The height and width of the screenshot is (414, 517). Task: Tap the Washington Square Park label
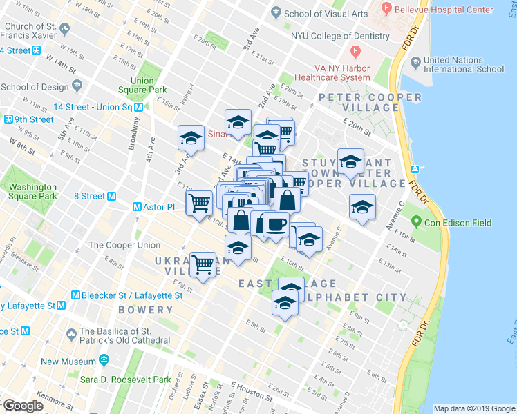pyautogui.click(x=32, y=192)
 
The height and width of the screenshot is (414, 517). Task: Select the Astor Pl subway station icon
pyautogui.click(x=137, y=207)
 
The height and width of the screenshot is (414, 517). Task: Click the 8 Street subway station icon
pyautogui.click(x=111, y=197)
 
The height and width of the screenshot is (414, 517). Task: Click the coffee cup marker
pyautogui.click(x=276, y=224)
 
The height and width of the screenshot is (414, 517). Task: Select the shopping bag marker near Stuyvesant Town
pyautogui.click(x=288, y=201)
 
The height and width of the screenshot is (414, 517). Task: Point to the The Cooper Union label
pyautogui.click(x=124, y=245)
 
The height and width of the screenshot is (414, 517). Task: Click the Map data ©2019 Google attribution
pyautogui.click(x=473, y=408)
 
